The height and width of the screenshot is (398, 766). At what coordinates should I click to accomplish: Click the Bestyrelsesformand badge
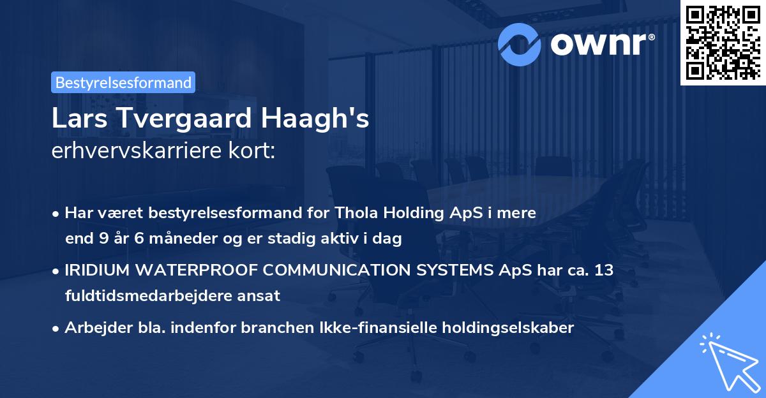point(123,82)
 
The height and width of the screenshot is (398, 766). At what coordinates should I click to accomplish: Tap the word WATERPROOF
point(195,270)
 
